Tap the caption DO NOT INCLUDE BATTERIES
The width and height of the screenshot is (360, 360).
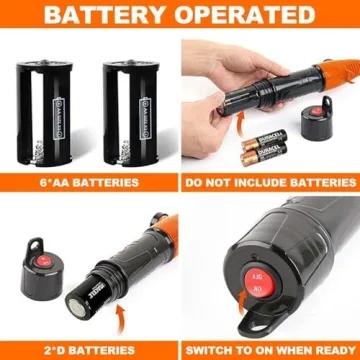click(270, 183)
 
